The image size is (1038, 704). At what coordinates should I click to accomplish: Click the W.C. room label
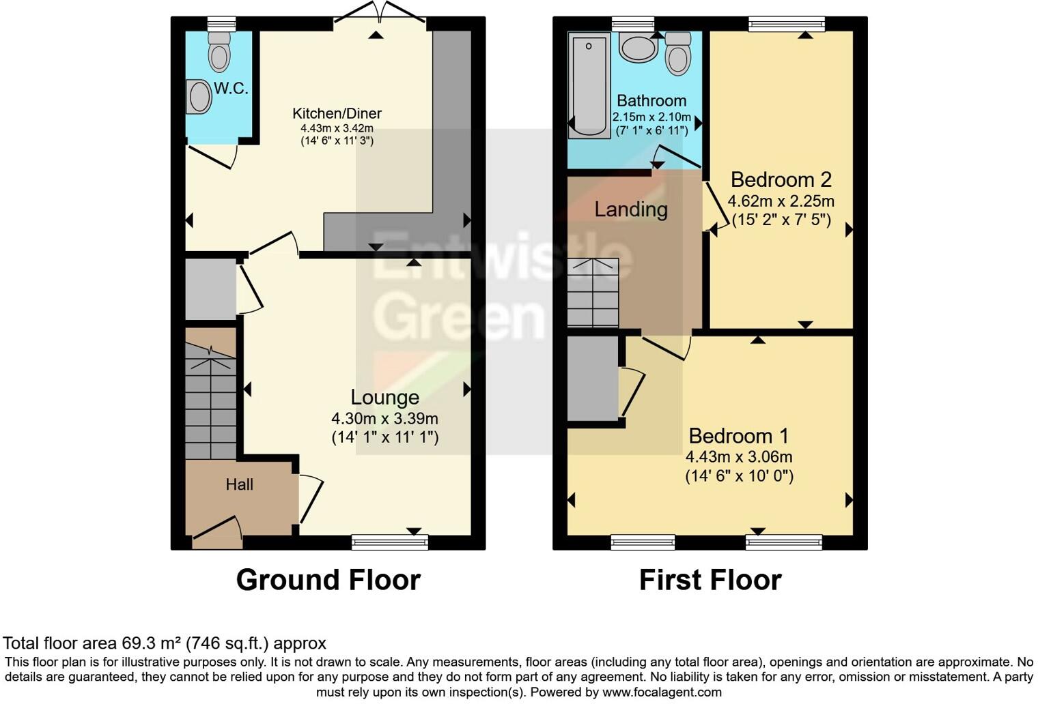point(231,89)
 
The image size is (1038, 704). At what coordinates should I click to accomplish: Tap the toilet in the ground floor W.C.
point(219,51)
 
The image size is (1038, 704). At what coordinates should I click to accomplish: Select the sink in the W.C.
point(199,97)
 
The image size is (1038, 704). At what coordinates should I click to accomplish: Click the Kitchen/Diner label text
point(337,113)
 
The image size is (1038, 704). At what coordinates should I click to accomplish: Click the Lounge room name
point(384,397)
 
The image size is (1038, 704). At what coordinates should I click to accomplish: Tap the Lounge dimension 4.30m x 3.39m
point(384,419)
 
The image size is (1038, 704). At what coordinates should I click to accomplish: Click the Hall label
point(239,484)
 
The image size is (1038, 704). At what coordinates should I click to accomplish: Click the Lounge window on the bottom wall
point(390,542)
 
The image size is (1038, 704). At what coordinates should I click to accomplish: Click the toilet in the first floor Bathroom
point(678,53)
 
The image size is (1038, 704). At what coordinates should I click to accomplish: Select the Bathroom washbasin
point(639,48)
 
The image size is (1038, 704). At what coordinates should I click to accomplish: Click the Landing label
point(630,209)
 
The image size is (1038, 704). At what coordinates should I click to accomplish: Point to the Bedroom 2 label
point(781,179)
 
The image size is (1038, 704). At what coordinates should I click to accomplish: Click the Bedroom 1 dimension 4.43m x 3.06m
point(739,457)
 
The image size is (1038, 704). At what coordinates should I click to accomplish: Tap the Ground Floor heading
point(328,580)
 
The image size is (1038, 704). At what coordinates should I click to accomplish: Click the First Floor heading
point(710,580)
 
